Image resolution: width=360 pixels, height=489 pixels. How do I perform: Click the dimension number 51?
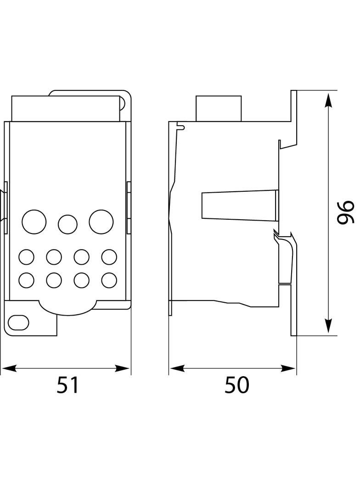pyautogui.click(x=68, y=385)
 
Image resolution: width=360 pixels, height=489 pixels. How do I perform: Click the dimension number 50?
pyautogui.click(x=236, y=385)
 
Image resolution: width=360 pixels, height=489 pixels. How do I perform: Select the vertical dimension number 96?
pyautogui.click(x=345, y=212)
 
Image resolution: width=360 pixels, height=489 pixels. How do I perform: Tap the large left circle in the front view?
pyautogui.click(x=34, y=222)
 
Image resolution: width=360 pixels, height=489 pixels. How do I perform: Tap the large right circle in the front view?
pyautogui.click(x=101, y=222)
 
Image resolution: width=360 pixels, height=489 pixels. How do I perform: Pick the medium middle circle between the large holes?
pyautogui.click(x=67, y=224)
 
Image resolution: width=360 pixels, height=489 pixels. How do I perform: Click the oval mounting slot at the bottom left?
pyautogui.click(x=18, y=322)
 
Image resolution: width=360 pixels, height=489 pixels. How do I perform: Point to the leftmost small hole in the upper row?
pyautogui.click(x=26, y=257)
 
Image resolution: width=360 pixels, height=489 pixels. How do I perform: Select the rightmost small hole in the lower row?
pyautogui.click(x=109, y=280)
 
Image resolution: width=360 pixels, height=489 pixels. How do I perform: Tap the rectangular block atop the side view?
pyautogui.click(x=219, y=109)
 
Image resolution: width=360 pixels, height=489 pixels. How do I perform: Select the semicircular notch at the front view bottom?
pyautogui.click(x=67, y=308)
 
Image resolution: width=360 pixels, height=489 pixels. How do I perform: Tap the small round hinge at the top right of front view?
pyautogui.click(x=123, y=103)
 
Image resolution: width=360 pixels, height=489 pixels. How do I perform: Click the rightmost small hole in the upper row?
pyautogui.click(x=109, y=257)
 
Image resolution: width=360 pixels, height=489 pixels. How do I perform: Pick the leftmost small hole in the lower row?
pyautogui.click(x=26, y=280)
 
